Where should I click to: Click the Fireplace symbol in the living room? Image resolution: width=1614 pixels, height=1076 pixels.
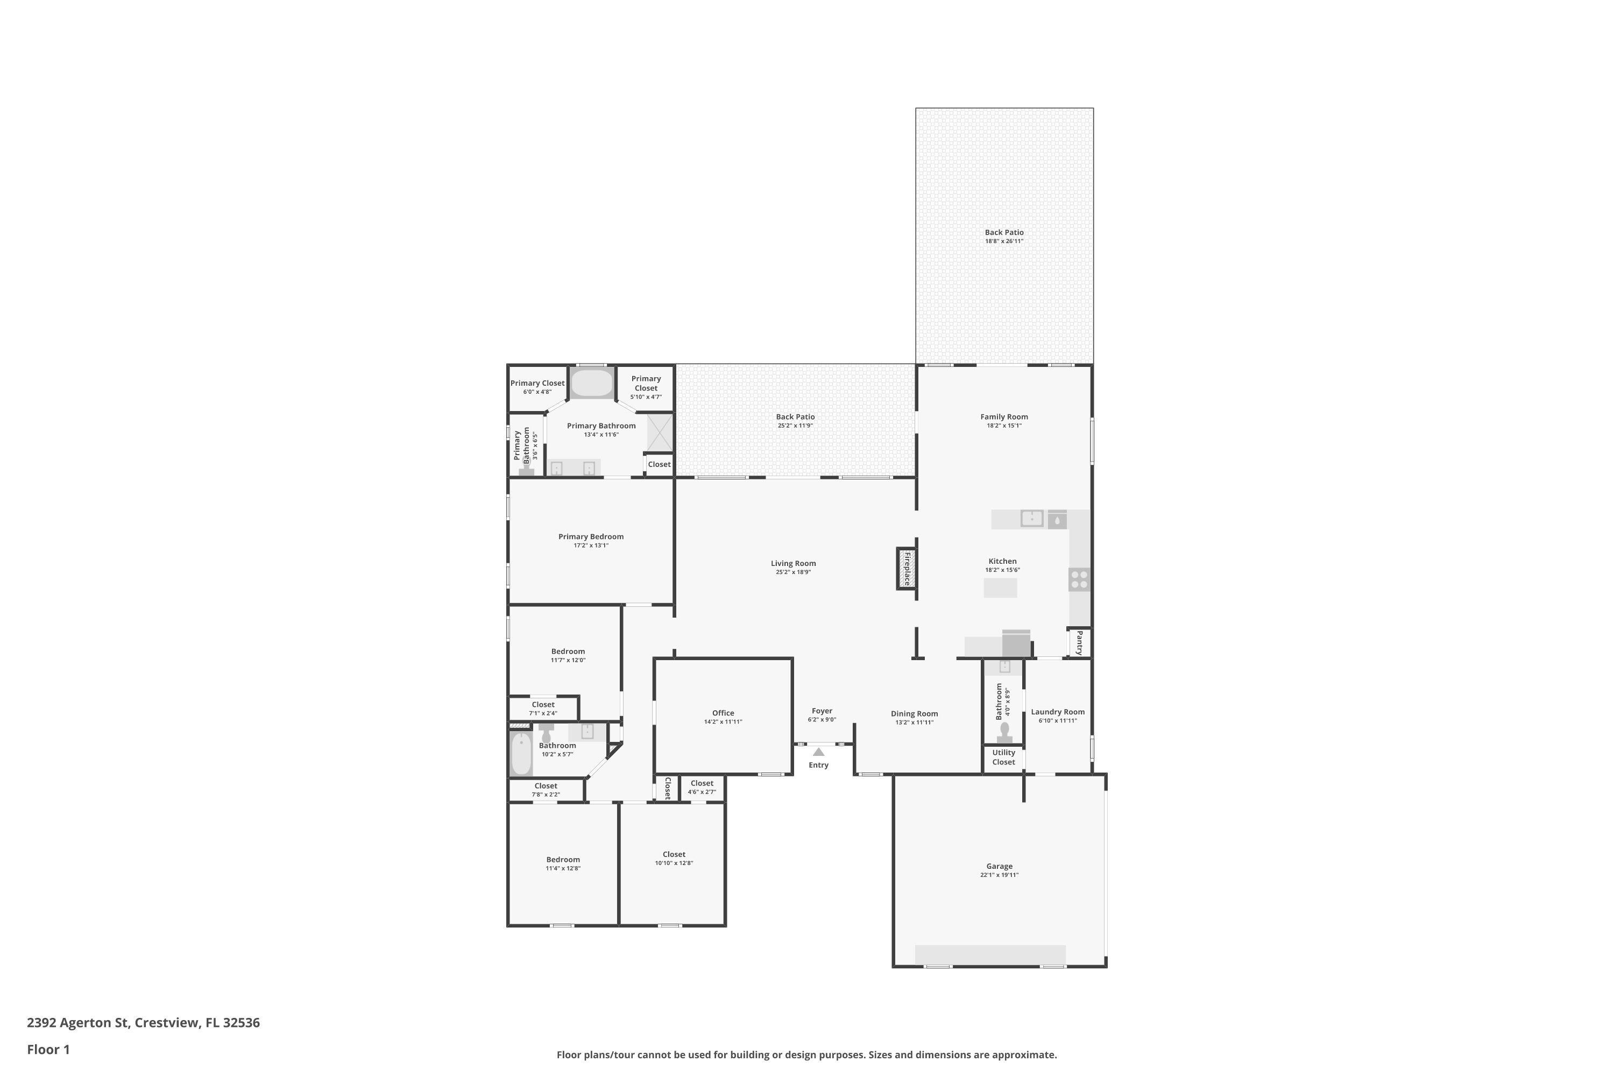tap(907, 568)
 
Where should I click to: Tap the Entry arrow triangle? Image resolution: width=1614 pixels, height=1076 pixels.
tap(819, 752)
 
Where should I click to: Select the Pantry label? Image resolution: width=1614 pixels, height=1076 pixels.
tap(1079, 642)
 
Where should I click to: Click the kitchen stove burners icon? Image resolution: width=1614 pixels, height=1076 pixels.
tap(1079, 580)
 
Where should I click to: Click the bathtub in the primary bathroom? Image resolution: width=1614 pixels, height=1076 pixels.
tap(591, 384)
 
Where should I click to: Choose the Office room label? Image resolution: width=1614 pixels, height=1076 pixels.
tap(723, 713)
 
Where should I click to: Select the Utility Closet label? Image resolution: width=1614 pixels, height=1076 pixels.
tap(1003, 757)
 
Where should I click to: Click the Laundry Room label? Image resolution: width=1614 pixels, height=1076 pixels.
tap(1058, 712)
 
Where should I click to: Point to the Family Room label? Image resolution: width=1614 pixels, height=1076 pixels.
tap(1004, 416)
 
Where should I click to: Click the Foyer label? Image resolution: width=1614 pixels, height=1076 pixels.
tap(822, 711)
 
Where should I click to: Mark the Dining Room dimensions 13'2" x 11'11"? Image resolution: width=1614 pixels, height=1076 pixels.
tap(914, 722)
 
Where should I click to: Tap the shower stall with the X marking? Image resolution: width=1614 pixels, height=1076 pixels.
tap(660, 433)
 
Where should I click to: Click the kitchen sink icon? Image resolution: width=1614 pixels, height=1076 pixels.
tap(1031, 518)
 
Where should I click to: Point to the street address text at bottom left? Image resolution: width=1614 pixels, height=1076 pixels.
tap(144, 1023)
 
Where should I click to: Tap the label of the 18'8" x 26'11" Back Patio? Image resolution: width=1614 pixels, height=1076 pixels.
tap(1004, 232)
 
